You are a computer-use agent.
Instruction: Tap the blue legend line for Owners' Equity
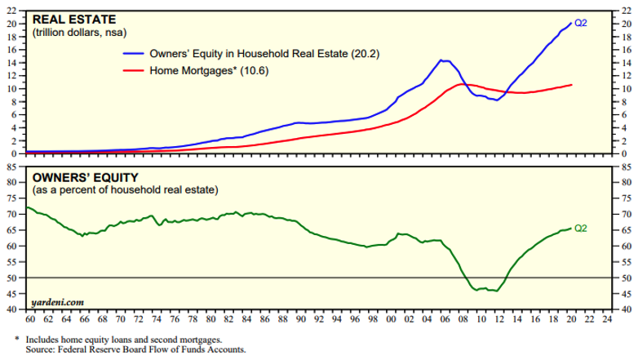tap(131, 55)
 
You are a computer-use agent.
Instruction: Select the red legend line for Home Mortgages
tap(131, 70)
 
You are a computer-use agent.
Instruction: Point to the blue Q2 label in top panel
tap(582, 24)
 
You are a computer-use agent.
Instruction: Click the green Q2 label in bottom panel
tap(582, 229)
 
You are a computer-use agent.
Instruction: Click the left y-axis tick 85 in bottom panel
tap(13, 167)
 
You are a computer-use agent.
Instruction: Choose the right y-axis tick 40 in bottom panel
tap(624, 310)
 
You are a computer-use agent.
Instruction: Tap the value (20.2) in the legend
tap(364, 55)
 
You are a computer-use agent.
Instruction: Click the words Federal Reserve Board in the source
tap(103, 349)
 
